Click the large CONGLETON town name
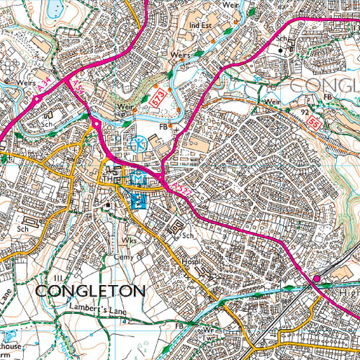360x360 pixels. tap(90, 291)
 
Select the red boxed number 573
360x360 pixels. tap(159, 96)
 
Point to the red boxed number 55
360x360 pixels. tap(314, 123)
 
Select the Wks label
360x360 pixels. tap(129, 240)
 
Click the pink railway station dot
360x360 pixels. tap(316, 279)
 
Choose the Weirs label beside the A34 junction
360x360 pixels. tap(28, 83)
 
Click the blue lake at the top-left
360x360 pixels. tap(54, 9)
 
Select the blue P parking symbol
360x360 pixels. tap(140, 202)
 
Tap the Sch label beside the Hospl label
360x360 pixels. tap(189, 236)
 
